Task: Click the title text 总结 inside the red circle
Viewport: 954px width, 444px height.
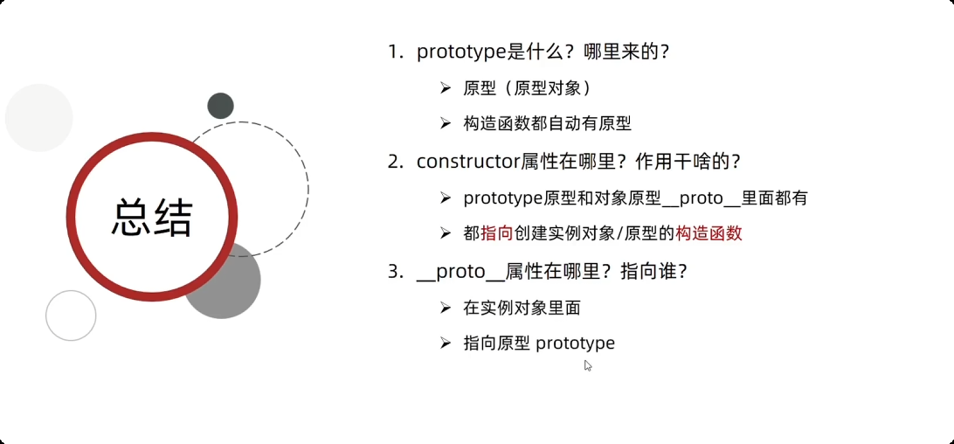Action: click(152, 218)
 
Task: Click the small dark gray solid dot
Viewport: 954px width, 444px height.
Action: click(220, 106)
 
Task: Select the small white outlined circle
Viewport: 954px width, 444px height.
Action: click(71, 316)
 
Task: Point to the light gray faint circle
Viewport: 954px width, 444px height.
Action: click(38, 118)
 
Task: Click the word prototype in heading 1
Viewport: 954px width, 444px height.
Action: click(461, 52)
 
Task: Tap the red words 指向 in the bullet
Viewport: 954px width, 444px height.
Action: click(496, 233)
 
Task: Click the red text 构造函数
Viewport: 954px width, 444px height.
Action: click(709, 233)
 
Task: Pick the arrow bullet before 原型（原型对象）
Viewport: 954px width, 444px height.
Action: click(446, 88)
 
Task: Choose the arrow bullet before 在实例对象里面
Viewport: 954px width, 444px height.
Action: click(446, 307)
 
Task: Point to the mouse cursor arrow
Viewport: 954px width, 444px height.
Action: click(588, 365)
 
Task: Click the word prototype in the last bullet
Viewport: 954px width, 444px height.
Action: click(575, 343)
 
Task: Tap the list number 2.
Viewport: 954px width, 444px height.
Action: click(395, 162)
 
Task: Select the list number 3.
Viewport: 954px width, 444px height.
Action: click(395, 272)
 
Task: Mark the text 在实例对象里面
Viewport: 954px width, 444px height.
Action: click(522, 308)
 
